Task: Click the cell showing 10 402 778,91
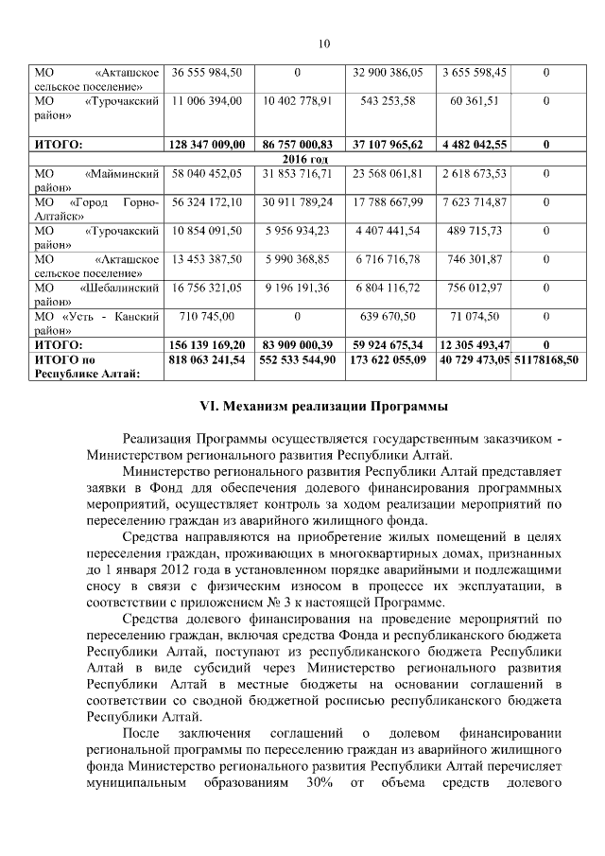click(298, 99)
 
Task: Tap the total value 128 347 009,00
click(208, 144)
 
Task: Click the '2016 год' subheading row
click(298, 159)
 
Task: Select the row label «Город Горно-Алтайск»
click(95, 209)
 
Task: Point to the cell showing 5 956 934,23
click(298, 230)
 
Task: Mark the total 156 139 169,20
click(208, 345)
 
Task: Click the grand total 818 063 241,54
click(208, 360)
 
